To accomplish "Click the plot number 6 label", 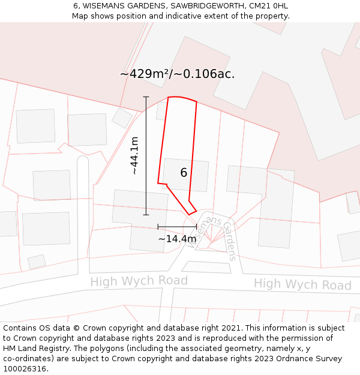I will click(x=184, y=173).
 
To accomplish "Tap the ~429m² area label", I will click(x=177, y=74).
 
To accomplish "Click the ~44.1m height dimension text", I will click(x=135, y=155).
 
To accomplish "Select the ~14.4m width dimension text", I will click(x=177, y=239).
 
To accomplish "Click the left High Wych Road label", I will click(x=139, y=281).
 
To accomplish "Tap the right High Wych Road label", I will click(x=302, y=284).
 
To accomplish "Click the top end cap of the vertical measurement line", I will click(x=146, y=97).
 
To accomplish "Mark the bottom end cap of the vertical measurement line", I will click(x=146, y=214).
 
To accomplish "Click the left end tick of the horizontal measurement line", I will click(x=158, y=227).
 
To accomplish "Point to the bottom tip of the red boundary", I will click(x=190, y=214).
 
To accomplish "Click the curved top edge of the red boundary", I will click(x=182, y=98).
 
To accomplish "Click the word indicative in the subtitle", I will click(x=179, y=16).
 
